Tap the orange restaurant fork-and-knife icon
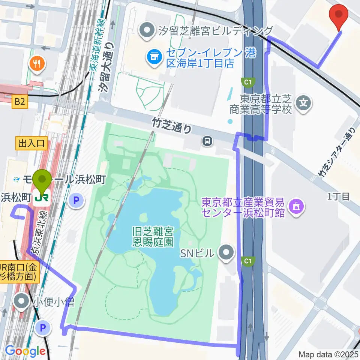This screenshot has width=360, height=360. (37, 64)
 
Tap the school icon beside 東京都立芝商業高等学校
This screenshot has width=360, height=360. (304, 102)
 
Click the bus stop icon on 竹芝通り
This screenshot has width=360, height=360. (207, 141)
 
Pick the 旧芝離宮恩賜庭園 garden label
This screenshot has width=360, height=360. (153, 236)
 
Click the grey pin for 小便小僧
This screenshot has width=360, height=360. (22, 300)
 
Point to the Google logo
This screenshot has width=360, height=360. (25, 351)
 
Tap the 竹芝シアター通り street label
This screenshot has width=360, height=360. (336, 153)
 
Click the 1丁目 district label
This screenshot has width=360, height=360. (338, 196)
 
